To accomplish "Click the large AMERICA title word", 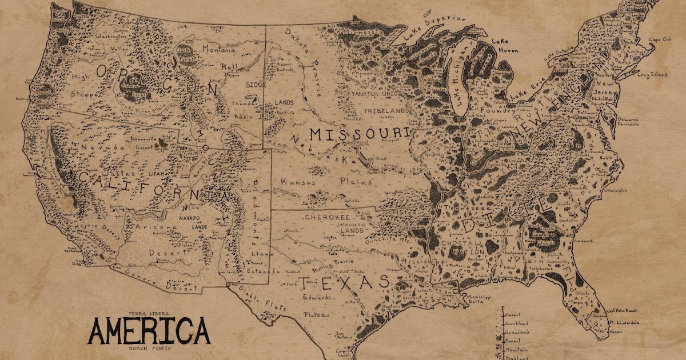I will coord(149,331).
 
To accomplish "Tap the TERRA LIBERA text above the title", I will coord(148,314).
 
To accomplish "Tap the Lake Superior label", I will coord(435,27).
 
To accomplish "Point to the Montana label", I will coord(220,50).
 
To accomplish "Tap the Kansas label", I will coord(298,182).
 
